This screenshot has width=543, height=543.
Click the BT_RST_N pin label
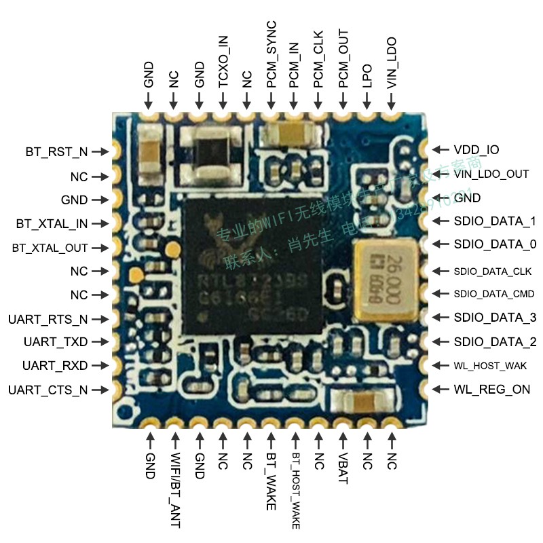[56, 151]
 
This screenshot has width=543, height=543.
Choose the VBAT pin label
[342, 469]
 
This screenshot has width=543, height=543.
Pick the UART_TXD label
[55, 342]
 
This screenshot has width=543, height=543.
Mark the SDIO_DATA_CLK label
[492, 271]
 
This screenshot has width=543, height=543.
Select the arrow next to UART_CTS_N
[100, 390]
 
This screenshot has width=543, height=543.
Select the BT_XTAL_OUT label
[50, 248]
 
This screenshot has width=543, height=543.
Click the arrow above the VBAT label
[342, 439]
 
